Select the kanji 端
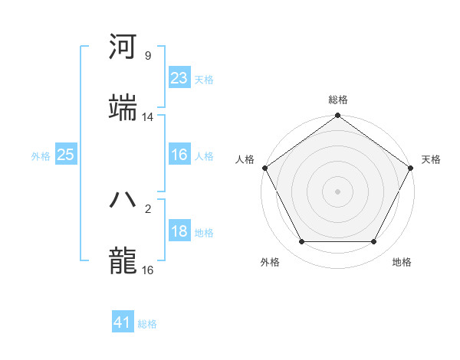(x=123, y=108)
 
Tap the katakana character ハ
(x=123, y=199)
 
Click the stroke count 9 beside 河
(x=148, y=56)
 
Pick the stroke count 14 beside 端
(x=148, y=117)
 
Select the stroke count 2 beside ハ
(x=148, y=208)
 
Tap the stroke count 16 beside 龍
(x=148, y=270)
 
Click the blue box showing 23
(x=179, y=78)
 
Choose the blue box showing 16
(x=179, y=155)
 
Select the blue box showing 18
(x=179, y=231)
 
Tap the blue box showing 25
(x=65, y=155)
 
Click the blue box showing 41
(x=123, y=322)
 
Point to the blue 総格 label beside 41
(x=147, y=324)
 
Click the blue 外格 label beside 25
(x=41, y=156)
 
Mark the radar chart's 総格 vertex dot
(x=337, y=116)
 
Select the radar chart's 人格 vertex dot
(x=264, y=168)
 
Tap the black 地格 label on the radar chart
(x=402, y=262)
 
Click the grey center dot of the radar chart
(x=337, y=191)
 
